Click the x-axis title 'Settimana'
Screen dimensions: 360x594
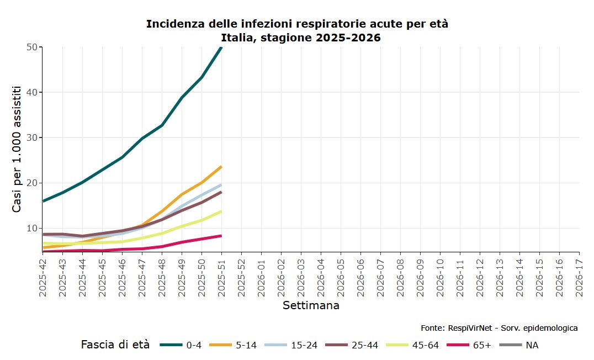pos(311,305)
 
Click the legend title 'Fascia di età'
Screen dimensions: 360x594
pos(115,345)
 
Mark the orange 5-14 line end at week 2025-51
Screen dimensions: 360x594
pos(221,166)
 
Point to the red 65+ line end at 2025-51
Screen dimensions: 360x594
pos(221,236)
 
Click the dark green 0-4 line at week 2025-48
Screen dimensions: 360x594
pos(162,125)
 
